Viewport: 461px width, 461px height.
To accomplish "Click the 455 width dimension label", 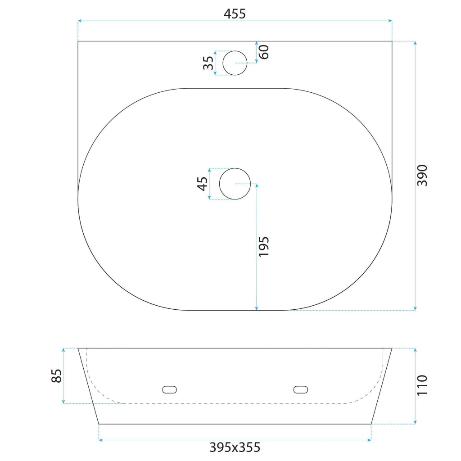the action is (x=235, y=14).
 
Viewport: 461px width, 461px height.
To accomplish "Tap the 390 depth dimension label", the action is (x=422, y=175).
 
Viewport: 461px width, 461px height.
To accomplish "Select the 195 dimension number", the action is (x=263, y=246).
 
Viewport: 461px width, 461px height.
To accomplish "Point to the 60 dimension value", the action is (x=264, y=52).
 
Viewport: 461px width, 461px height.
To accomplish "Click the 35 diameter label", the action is (x=208, y=63).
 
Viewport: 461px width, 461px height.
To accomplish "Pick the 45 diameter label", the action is (x=202, y=184).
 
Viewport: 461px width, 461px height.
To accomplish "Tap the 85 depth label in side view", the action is (x=56, y=376).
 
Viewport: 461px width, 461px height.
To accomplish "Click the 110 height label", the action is (x=422, y=385).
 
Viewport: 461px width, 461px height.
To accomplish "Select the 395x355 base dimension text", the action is (x=235, y=447).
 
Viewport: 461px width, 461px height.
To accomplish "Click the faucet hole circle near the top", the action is (x=235, y=51).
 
